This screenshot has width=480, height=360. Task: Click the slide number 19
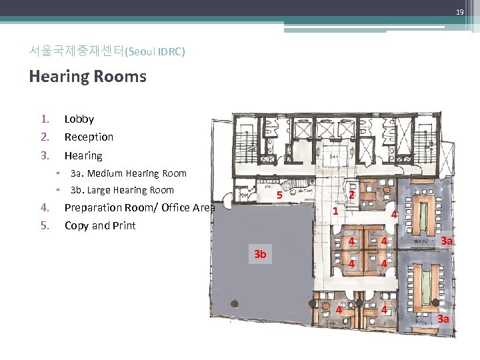click(x=459, y=13)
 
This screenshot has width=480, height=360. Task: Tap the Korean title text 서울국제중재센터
click(x=77, y=51)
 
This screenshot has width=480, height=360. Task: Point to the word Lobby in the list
click(x=79, y=119)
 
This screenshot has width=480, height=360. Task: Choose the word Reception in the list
click(x=89, y=137)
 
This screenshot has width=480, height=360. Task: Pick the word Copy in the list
click(x=75, y=226)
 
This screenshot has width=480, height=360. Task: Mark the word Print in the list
click(x=123, y=226)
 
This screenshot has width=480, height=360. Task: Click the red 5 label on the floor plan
click(x=281, y=195)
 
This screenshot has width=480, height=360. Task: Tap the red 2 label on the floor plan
click(x=351, y=195)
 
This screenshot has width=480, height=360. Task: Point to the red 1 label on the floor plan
click(x=335, y=211)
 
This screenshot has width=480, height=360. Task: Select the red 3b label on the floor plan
click(x=260, y=254)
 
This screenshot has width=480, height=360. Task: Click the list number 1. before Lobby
click(x=44, y=119)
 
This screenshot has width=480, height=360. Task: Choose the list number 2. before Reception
click(x=44, y=137)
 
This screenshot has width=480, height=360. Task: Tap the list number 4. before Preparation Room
click(x=44, y=208)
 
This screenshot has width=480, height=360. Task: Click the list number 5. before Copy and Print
click(x=44, y=226)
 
